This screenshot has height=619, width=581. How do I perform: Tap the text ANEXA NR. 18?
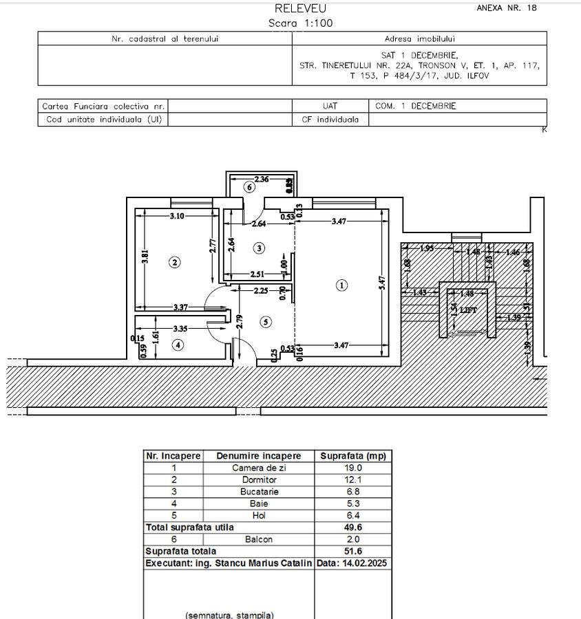(x=507, y=8)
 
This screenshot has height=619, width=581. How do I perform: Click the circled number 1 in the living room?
(x=342, y=285)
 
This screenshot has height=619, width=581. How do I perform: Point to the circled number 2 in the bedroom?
(x=175, y=262)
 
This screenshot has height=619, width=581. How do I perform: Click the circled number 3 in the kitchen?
(x=259, y=248)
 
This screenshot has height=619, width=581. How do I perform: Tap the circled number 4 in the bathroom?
(x=178, y=345)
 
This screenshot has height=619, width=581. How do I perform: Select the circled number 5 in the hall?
(x=266, y=322)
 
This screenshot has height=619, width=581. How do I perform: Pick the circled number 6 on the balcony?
(x=250, y=187)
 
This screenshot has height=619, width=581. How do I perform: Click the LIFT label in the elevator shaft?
(x=468, y=310)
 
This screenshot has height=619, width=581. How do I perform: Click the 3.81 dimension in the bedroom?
(x=145, y=257)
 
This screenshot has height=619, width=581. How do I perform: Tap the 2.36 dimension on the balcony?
(x=262, y=180)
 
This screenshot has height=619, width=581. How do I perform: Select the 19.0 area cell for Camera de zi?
(x=353, y=468)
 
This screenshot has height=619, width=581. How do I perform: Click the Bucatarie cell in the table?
(x=259, y=492)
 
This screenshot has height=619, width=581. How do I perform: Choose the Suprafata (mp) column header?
(x=353, y=456)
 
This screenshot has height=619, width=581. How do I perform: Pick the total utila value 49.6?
(x=353, y=528)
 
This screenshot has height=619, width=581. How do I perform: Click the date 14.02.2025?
(x=352, y=563)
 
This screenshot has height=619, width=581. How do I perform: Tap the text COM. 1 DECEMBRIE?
(x=416, y=106)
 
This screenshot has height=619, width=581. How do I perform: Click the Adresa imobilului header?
(x=419, y=39)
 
